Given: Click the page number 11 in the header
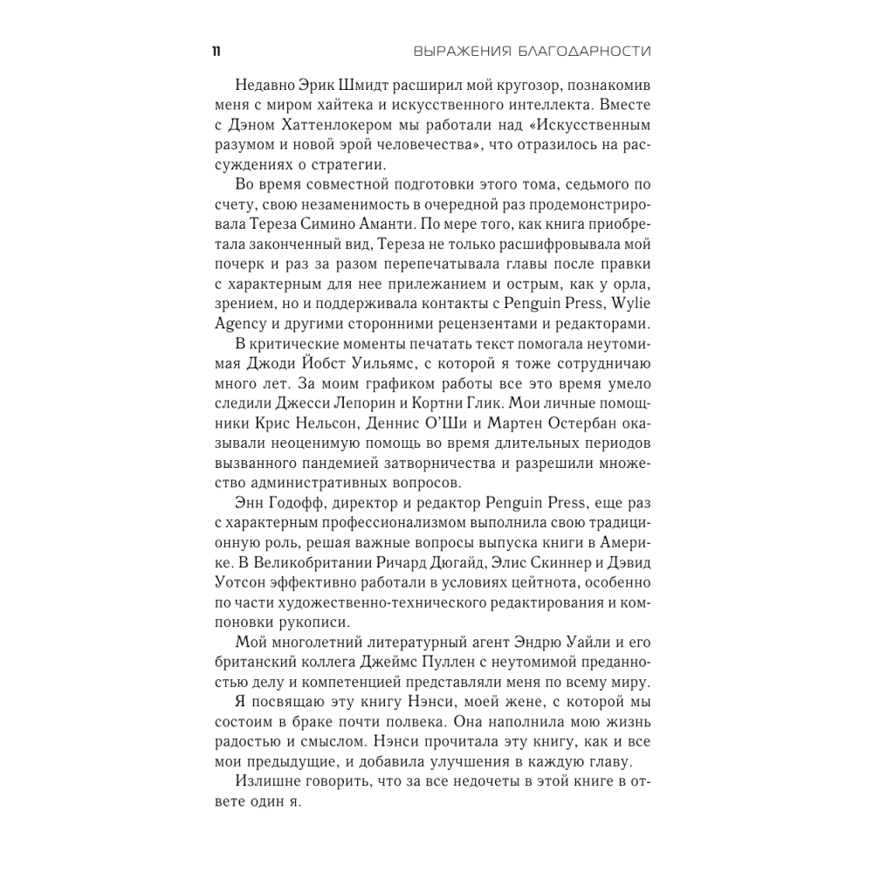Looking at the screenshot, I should pos(215,52).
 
